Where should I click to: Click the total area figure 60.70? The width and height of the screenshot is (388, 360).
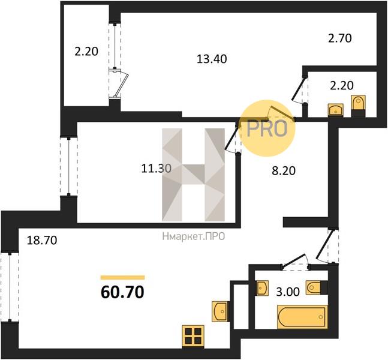(122, 292)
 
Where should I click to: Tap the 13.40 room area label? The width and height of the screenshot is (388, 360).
(212, 59)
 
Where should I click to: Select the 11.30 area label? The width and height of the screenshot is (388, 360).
(156, 169)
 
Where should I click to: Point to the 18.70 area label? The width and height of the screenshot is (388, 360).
(42, 241)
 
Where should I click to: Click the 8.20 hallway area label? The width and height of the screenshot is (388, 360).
(284, 171)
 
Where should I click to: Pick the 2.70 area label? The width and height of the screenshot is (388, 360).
(340, 38)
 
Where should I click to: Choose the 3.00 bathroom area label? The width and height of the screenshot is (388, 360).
(288, 292)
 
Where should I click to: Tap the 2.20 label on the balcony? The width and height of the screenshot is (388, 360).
(86, 52)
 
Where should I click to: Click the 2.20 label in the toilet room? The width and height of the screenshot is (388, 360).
(342, 86)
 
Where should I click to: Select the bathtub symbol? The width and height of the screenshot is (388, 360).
(302, 317)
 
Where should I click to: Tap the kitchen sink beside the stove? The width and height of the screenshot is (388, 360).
(219, 311)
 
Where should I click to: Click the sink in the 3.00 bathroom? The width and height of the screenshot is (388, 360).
(262, 288)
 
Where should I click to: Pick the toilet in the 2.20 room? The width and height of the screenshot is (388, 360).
(358, 106)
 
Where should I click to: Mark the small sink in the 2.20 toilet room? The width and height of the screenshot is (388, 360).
(336, 110)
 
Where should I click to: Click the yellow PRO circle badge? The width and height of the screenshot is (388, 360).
(268, 128)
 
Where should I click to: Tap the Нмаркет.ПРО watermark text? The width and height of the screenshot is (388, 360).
(194, 236)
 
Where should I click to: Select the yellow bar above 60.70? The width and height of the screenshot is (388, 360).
(122, 278)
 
